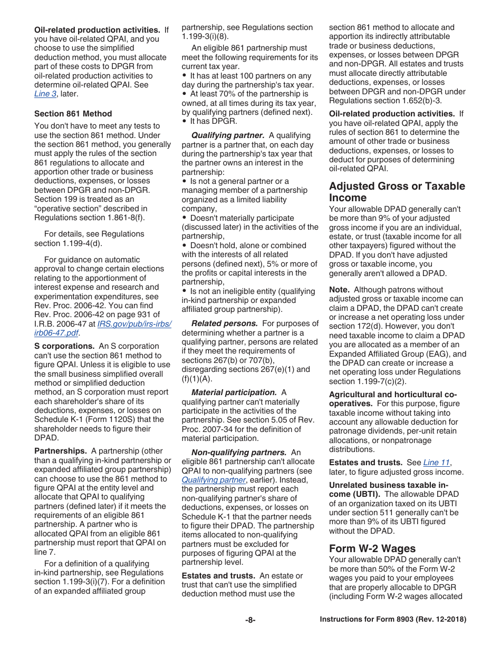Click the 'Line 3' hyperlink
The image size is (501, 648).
45,94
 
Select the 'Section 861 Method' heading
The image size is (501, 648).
73,113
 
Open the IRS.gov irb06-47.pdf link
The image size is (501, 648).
134,328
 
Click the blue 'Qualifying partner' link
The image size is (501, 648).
214,480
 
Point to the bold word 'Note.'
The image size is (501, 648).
339,290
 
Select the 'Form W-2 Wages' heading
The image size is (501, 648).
372,548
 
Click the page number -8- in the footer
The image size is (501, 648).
250,620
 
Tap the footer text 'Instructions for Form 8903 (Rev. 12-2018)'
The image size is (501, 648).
393,620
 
